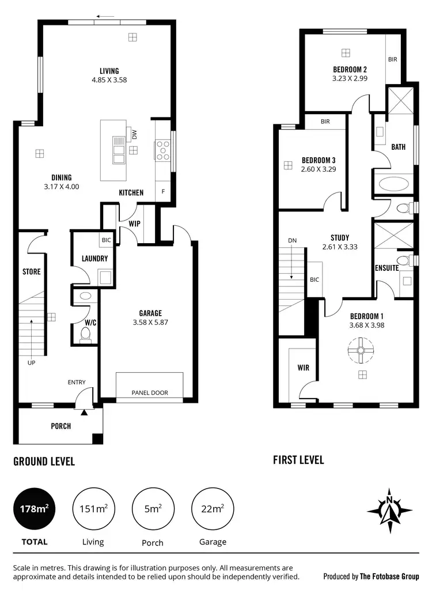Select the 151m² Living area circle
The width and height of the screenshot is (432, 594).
(93, 509)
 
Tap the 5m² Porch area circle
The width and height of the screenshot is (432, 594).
(152, 509)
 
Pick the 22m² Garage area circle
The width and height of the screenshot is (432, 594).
(213, 509)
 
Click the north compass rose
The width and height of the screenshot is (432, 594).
(390, 510)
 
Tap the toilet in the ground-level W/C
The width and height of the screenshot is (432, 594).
(85, 333)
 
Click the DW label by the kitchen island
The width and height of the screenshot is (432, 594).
(134, 134)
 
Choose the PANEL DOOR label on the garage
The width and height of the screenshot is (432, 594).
(150, 393)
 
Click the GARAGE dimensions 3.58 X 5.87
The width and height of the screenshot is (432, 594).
(150, 323)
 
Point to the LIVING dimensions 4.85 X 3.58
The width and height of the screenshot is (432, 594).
(109, 80)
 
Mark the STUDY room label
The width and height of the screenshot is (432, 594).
(339, 237)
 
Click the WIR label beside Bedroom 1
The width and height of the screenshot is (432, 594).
(304, 367)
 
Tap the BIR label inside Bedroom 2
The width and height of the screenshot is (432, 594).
(392, 59)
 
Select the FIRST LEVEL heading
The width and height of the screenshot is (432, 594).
(298, 460)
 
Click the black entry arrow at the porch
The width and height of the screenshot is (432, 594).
(85, 412)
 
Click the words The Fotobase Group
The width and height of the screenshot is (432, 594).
(389, 576)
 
